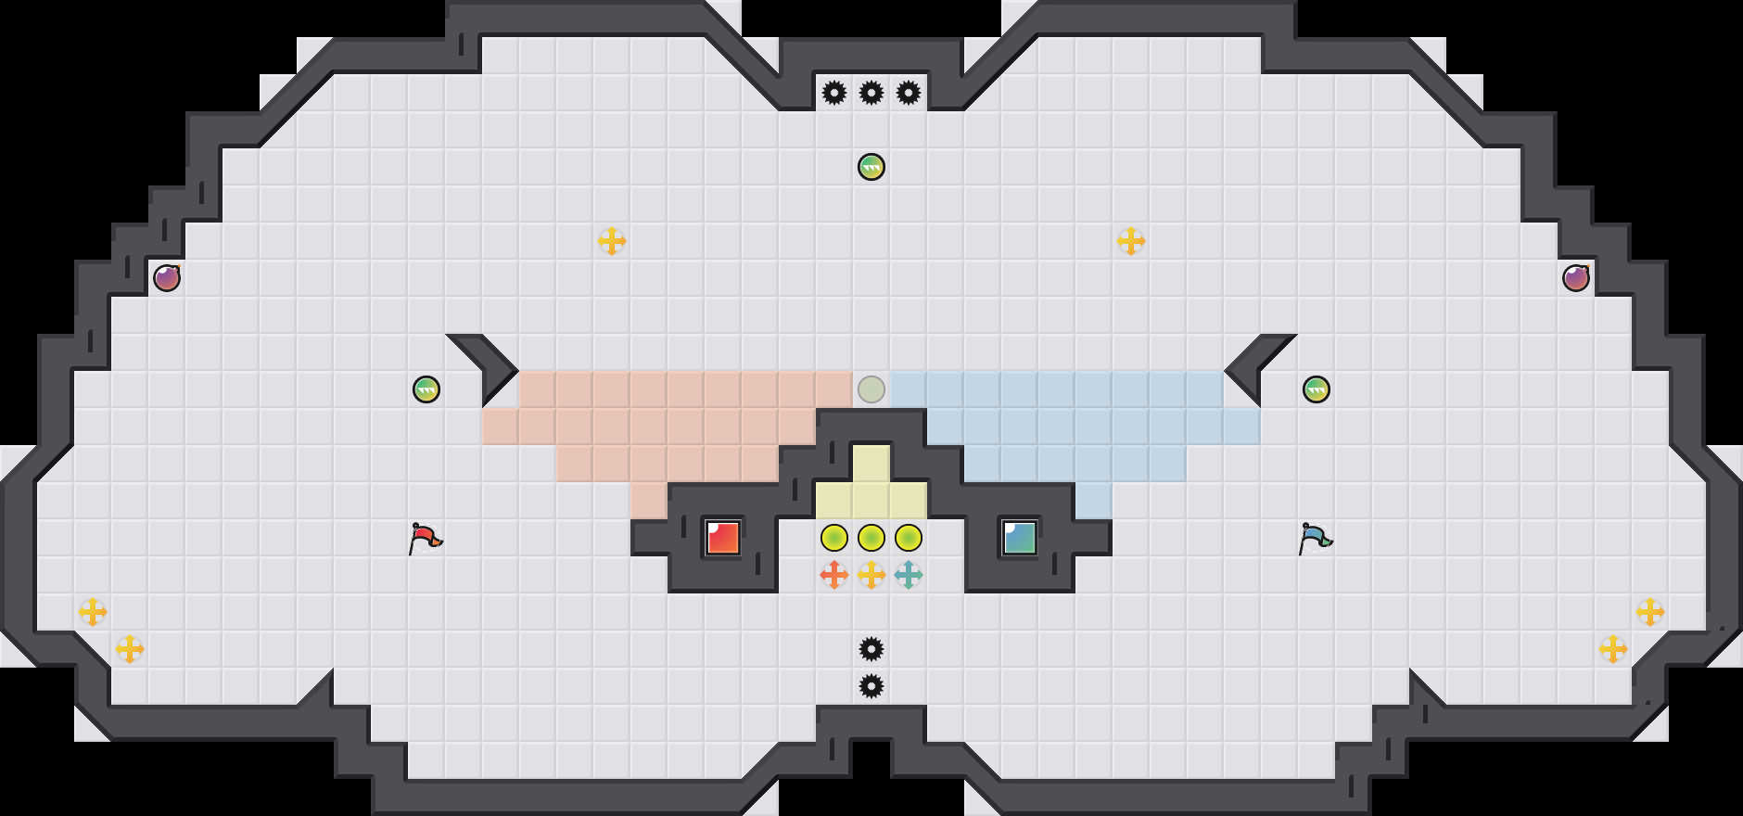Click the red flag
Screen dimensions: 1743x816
pos(425,538)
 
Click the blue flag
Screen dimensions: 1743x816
pos(1315,538)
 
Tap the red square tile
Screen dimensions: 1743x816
pos(723,538)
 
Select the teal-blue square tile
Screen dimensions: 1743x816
pos(1020,538)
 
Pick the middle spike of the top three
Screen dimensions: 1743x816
pos(871,93)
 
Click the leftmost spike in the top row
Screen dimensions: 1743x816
pos(834,93)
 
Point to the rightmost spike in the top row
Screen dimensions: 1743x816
pos(909,93)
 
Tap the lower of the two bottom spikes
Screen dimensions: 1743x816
pos(871,686)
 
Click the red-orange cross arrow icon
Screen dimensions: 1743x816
pos(834,575)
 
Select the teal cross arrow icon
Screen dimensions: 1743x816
pos(909,575)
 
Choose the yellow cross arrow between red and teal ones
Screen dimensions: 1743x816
pos(871,575)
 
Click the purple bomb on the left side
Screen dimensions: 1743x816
pos(167,278)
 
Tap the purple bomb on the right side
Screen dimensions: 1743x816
pos(1576,278)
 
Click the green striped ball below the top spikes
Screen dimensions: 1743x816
pos(871,167)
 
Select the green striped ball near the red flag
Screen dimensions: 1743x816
pos(426,389)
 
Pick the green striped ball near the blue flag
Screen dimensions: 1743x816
pos(1317,389)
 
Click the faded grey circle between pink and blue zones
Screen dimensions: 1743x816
pos(871,389)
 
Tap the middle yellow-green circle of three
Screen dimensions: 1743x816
pos(871,538)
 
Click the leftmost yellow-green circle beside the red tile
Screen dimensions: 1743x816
pos(834,538)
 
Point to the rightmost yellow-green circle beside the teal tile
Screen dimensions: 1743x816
pos(909,538)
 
